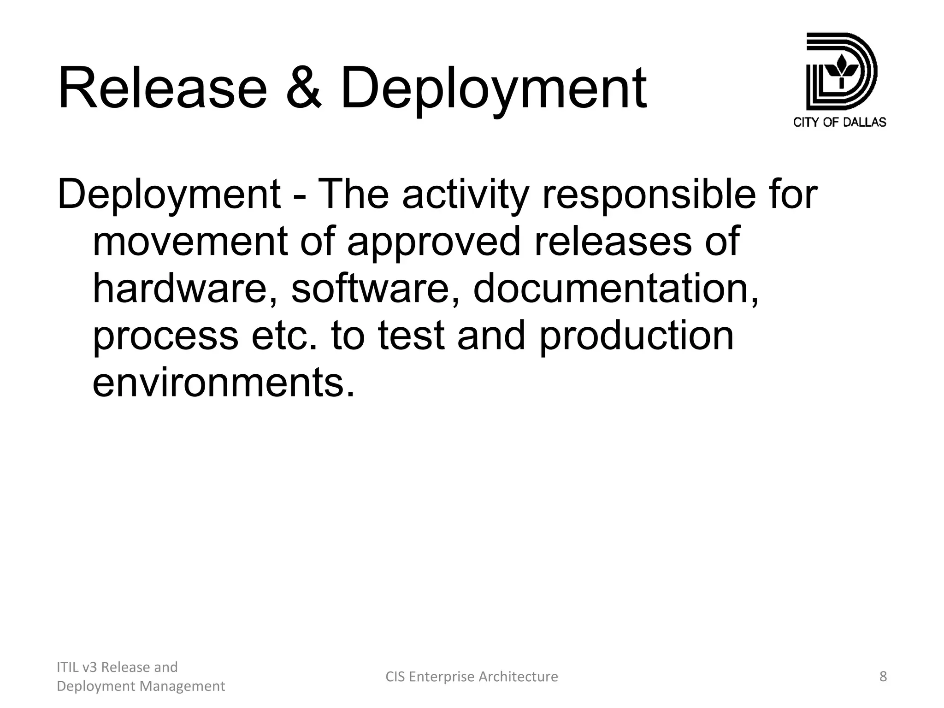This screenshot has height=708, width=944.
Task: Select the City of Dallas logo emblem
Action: coord(841,71)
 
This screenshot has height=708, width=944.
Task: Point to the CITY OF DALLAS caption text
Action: coord(839,122)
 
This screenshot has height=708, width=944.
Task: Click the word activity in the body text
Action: coord(465,194)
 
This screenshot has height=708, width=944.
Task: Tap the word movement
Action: coord(190,242)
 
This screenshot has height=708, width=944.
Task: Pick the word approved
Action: coord(434,242)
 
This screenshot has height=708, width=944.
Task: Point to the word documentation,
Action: coord(616,288)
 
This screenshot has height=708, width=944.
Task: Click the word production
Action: coord(636,336)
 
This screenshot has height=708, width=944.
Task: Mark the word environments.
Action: coord(224,383)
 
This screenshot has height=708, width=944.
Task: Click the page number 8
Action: coord(883,677)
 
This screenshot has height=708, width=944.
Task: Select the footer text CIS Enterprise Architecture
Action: coord(472,677)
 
